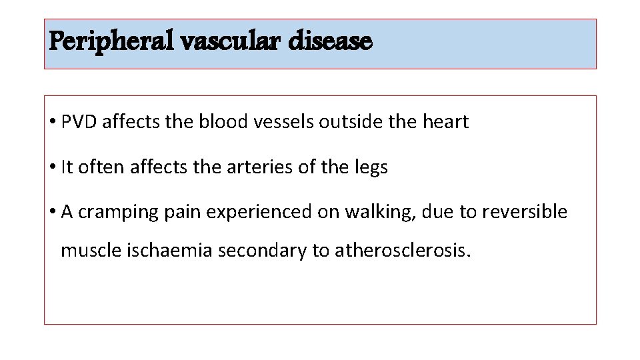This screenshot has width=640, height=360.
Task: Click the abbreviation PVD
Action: point(79,122)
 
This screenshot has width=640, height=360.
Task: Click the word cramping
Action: point(114,212)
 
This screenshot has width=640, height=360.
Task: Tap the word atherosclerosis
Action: point(403,251)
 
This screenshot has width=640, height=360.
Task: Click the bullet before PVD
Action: point(52,122)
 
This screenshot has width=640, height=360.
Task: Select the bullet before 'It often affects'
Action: point(52,167)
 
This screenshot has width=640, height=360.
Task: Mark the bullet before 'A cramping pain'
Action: point(52,212)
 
